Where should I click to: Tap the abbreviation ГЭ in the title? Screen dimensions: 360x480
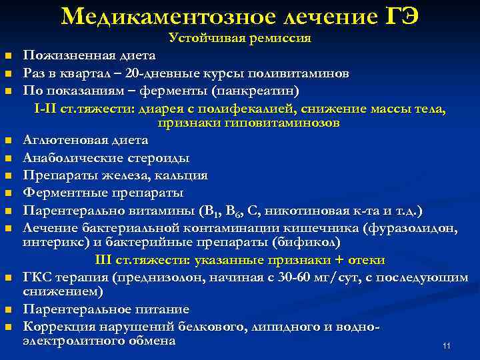pyautogui.click(x=400, y=15)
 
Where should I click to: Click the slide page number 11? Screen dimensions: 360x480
pyautogui.click(x=447, y=346)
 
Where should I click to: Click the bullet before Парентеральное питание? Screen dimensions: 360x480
pyautogui.click(x=7, y=310)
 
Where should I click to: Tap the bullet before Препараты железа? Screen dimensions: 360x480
pyautogui.click(x=7, y=176)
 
